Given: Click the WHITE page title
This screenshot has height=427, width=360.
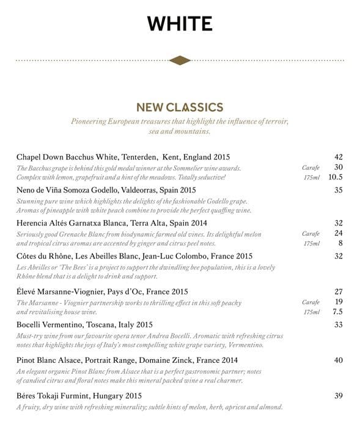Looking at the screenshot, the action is [x=180, y=24].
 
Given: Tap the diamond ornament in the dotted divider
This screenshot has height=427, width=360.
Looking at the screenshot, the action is [x=180, y=60].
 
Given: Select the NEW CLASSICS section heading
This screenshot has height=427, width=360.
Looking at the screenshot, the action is [x=180, y=108].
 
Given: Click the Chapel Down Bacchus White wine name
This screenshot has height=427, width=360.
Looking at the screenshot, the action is [x=123, y=157].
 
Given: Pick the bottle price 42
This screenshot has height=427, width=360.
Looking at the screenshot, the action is [x=339, y=157].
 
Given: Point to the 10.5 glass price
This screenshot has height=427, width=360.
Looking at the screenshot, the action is [x=336, y=177].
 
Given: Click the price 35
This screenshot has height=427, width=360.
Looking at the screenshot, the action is [x=339, y=191].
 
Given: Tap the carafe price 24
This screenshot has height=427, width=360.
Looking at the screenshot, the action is [x=339, y=233].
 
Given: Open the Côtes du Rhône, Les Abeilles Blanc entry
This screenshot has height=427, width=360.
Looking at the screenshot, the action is [x=134, y=257].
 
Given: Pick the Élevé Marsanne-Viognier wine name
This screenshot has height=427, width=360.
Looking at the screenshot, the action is [x=102, y=292].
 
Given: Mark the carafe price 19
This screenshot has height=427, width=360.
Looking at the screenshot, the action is [x=339, y=302].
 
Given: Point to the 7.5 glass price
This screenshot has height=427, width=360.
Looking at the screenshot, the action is [x=337, y=312].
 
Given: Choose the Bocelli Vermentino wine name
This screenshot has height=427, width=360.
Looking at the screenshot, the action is [x=84, y=325].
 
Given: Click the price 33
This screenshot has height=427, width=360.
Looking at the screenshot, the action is [x=339, y=325].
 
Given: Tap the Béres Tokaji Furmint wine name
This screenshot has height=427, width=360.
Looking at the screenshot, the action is [x=79, y=396].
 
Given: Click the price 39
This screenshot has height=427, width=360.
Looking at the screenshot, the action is [x=339, y=396].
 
